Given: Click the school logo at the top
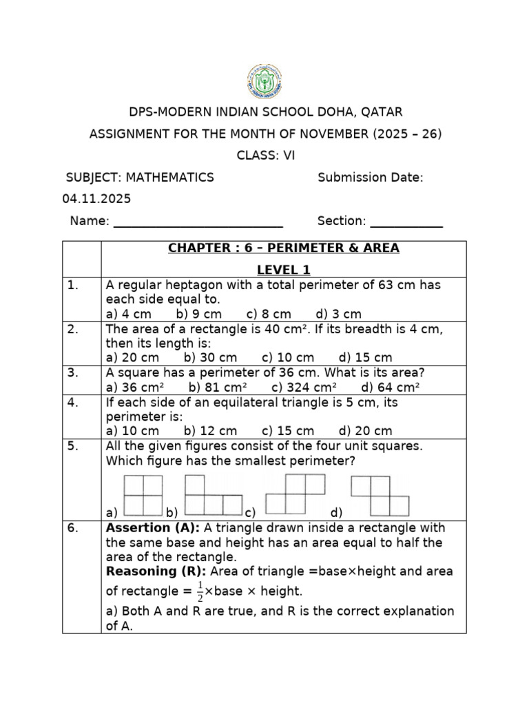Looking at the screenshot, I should click(x=264, y=81).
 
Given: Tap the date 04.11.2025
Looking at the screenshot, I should click(x=96, y=199).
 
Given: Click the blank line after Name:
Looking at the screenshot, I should click(x=198, y=222).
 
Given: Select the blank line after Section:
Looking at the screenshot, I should click(x=406, y=222).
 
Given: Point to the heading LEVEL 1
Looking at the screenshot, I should click(x=284, y=268).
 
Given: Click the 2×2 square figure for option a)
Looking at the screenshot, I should click(x=143, y=495).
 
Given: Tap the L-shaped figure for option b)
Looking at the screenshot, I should click(x=214, y=496).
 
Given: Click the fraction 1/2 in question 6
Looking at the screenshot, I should click(x=200, y=591).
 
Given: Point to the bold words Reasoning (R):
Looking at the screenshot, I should click(x=156, y=571).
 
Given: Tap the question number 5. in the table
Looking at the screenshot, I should click(x=74, y=446).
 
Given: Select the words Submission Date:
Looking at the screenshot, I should click(x=370, y=178).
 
